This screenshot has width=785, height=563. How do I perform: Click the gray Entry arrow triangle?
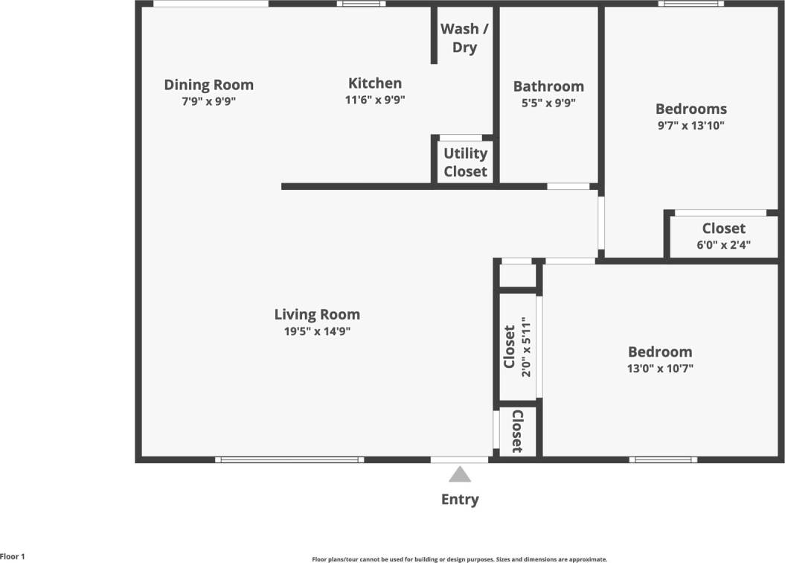460,474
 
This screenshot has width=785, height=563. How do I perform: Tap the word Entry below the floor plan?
460,499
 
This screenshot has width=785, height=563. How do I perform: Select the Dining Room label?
208,85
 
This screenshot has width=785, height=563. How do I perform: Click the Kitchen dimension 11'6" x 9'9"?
376,99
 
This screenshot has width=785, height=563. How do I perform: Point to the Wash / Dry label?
460,38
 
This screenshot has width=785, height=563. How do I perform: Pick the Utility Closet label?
466,162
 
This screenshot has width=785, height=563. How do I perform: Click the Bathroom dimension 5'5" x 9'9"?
548,104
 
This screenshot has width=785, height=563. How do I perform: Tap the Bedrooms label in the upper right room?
691,109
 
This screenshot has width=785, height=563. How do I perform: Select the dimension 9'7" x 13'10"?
691,126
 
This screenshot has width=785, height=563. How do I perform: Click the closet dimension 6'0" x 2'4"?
723,244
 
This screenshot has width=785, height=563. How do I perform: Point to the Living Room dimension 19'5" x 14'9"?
317,331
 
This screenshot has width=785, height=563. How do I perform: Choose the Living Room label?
317,314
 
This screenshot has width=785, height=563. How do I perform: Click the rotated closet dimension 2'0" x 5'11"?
526,348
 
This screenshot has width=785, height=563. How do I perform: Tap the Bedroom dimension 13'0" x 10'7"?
660,368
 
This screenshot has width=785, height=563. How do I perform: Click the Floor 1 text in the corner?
13,556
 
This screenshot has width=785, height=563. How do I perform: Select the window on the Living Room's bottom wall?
289,459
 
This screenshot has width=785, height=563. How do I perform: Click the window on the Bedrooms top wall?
691,4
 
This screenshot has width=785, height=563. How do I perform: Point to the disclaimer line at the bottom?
459,559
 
